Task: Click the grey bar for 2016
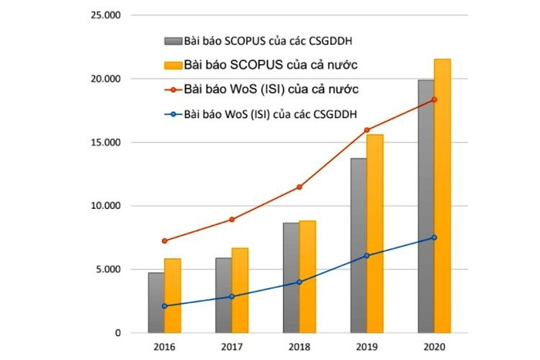[156, 302]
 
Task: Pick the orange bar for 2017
[240, 290]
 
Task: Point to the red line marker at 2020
[434, 99]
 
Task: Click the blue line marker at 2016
[164, 306]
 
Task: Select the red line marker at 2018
[299, 187]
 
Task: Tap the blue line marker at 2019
[366, 255]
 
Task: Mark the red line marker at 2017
[231, 220]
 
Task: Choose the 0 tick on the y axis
[117, 333]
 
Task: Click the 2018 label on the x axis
[299, 348]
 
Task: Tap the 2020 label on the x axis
[434, 348]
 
